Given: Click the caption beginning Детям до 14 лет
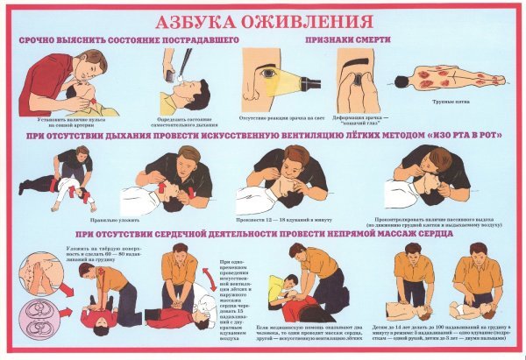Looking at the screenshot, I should [x=450, y=337].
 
